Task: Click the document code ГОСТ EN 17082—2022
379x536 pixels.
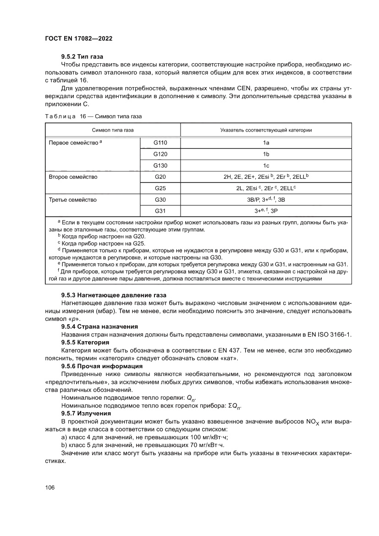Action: pos(78,39)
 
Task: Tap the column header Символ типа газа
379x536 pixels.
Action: pos(113,130)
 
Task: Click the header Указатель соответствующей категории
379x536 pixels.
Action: pos(266,130)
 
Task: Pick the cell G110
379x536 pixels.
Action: pos(160,143)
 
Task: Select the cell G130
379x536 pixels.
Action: pos(160,165)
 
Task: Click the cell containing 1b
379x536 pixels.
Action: pos(266,154)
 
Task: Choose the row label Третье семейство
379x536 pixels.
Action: pos(72,200)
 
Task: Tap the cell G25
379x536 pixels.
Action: pos(160,188)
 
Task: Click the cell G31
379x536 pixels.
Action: pos(160,211)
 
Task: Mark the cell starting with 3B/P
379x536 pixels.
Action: pos(266,200)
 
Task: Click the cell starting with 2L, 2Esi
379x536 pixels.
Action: pos(266,188)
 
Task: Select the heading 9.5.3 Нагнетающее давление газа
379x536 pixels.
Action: pos(114,295)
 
